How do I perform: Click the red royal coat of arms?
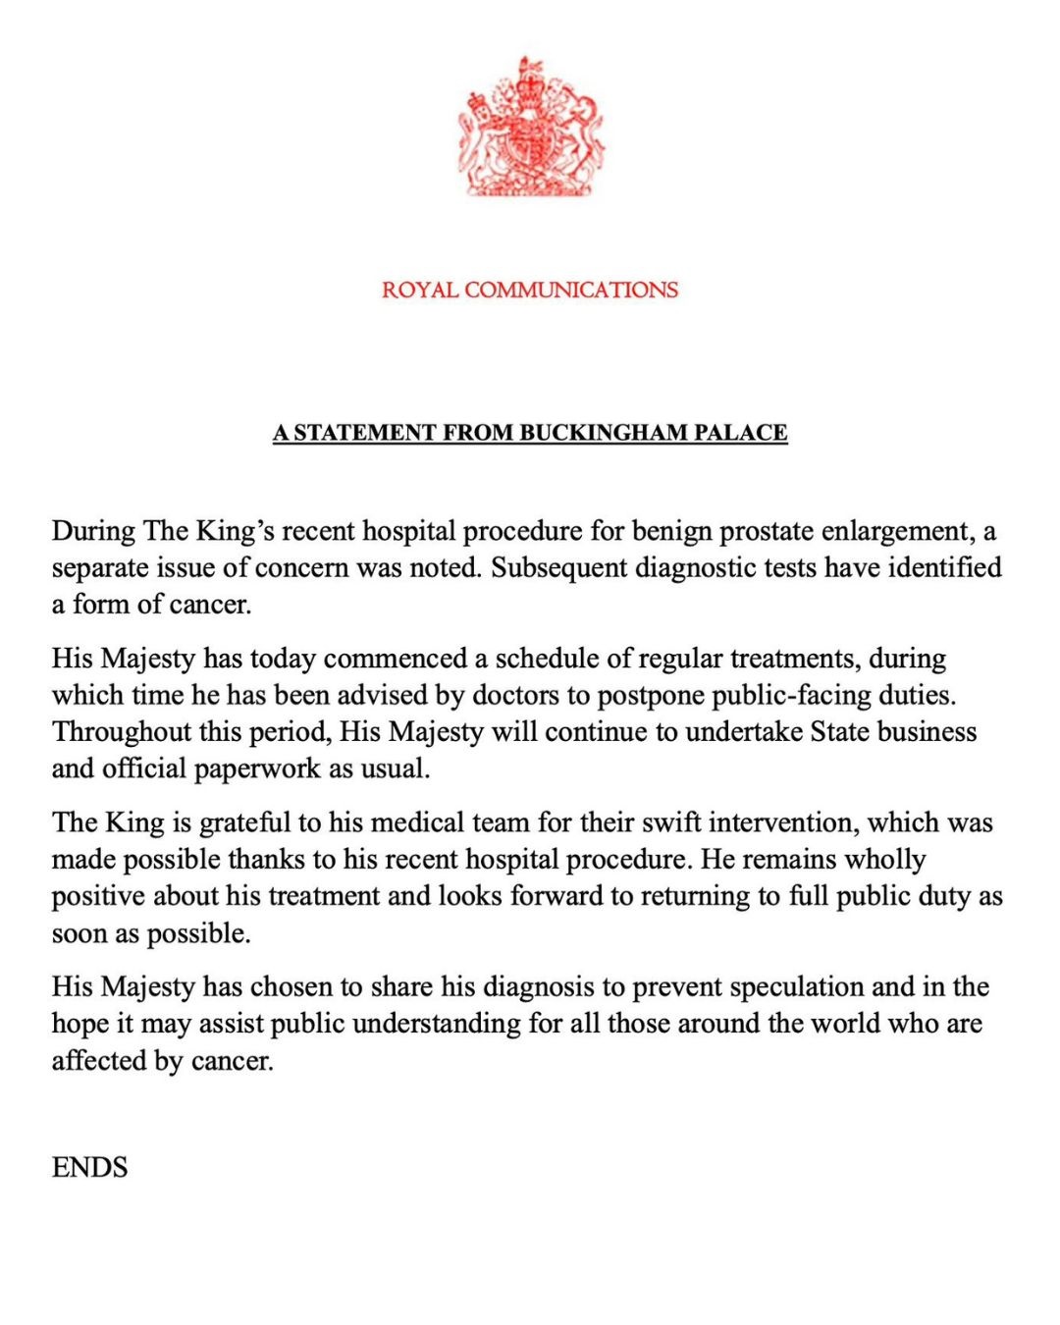click(530, 128)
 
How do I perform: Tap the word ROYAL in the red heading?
click(419, 291)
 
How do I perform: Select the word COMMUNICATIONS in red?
click(570, 291)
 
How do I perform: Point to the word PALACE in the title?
click(741, 433)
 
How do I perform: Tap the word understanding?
click(436, 1024)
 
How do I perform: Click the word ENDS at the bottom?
click(89, 1168)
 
